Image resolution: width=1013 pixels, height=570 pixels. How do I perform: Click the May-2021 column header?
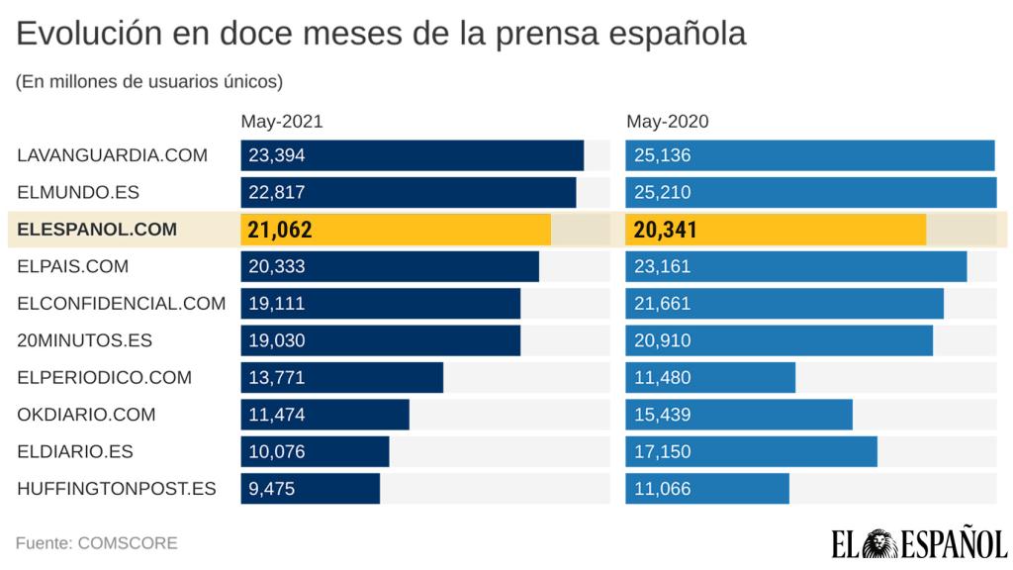click(x=282, y=122)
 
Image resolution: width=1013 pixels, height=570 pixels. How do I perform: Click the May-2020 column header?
click(x=668, y=122)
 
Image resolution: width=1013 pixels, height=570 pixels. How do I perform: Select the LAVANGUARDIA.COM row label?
click(x=112, y=155)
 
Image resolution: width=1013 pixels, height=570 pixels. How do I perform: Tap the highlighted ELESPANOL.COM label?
click(x=97, y=230)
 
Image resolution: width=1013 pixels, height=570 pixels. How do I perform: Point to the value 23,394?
click(x=277, y=155)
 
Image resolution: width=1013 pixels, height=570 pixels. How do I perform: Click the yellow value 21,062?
click(x=280, y=230)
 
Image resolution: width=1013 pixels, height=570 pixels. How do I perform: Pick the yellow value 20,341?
click(x=665, y=230)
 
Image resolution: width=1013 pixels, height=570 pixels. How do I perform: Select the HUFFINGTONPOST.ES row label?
click(x=117, y=489)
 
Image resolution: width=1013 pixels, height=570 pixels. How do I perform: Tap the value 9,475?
click(x=272, y=489)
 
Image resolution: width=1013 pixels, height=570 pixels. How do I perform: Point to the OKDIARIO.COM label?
click(x=87, y=415)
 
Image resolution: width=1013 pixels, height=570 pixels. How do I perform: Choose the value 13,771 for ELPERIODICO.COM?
click(x=277, y=377)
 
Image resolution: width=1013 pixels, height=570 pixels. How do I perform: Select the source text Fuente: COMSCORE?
click(x=96, y=543)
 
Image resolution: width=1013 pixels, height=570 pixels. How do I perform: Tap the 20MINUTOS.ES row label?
click(x=85, y=340)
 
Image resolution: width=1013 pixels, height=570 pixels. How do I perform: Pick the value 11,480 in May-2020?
click(x=662, y=377)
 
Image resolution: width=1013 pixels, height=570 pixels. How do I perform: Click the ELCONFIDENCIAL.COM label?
click(x=122, y=304)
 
